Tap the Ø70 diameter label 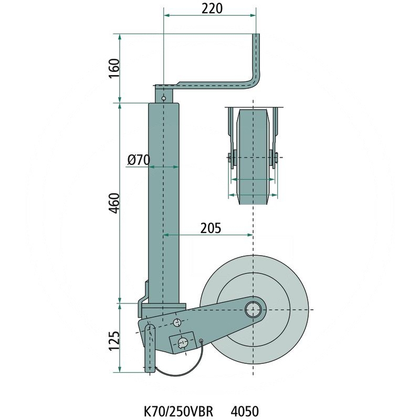point(139,160)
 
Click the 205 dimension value point(210,228)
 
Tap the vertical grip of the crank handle point(257,58)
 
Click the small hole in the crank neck point(164,98)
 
